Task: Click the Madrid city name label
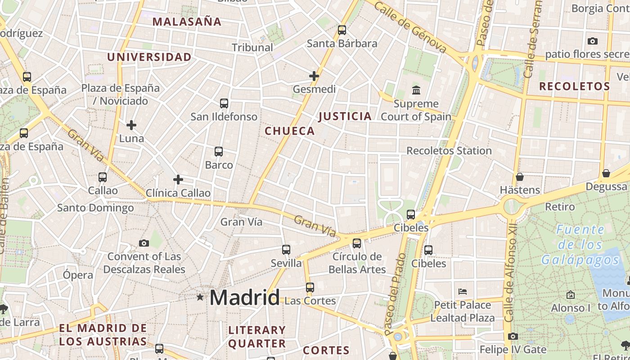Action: click(x=244, y=297)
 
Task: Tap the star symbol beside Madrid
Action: click(x=200, y=297)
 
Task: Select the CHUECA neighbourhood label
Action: click(x=289, y=131)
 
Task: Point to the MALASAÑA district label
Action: click(x=187, y=22)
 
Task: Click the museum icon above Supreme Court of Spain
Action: click(x=416, y=90)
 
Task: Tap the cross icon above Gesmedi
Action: click(x=314, y=76)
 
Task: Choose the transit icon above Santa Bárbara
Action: click(x=342, y=30)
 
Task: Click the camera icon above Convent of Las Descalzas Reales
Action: click(x=144, y=243)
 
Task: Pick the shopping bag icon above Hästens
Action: click(x=520, y=176)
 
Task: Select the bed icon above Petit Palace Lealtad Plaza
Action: click(x=462, y=291)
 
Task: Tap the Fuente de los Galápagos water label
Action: click(x=580, y=245)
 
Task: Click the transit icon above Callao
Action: click(x=103, y=177)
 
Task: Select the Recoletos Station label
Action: click(x=449, y=151)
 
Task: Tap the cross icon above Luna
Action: click(x=131, y=125)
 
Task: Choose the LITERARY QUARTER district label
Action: click(x=257, y=337)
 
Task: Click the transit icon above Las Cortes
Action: click(x=310, y=287)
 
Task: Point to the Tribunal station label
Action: click(x=252, y=47)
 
